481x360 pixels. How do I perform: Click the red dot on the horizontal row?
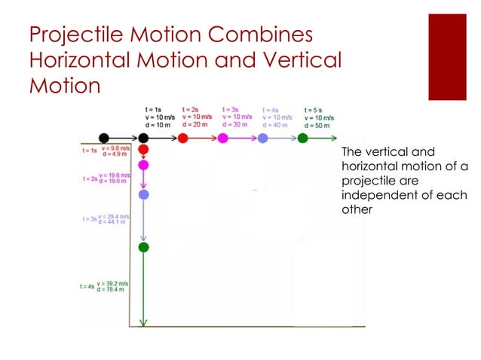pos(182,138)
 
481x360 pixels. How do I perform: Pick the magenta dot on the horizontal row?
pos(222,138)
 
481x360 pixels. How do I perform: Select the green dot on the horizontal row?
pos(302,138)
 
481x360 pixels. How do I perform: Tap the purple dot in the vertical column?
pos(144,194)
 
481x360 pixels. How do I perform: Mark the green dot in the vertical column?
pos(144,247)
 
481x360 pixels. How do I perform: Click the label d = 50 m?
pos(318,126)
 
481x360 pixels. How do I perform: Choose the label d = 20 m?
pos(196,126)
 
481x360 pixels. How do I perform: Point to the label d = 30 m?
pos(236,126)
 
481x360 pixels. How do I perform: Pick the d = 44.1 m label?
pos(112,222)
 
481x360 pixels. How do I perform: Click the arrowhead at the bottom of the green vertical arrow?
pos(144,323)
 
